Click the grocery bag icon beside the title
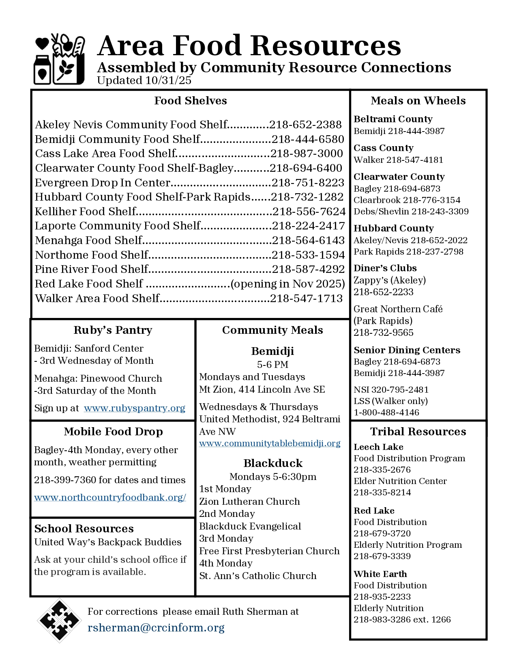click(59, 59)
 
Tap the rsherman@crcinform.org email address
click(156, 628)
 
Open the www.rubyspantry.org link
click(134, 408)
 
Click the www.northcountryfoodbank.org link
click(110, 497)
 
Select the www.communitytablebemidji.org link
click(270, 443)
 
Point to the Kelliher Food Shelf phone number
click(309, 212)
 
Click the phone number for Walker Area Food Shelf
click(307, 298)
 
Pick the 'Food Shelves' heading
click(190, 101)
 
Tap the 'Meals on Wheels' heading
click(418, 101)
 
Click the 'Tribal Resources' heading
click(418, 432)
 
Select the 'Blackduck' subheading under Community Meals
click(273, 463)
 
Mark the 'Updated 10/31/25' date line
click(144, 80)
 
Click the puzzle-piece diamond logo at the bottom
click(59, 620)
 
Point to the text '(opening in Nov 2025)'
click(287, 284)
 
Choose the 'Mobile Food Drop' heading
click(113, 432)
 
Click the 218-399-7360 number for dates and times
click(65, 480)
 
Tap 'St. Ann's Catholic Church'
click(257, 576)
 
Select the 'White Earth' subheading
click(380, 574)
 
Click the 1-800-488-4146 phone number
click(386, 413)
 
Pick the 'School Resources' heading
click(84, 529)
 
